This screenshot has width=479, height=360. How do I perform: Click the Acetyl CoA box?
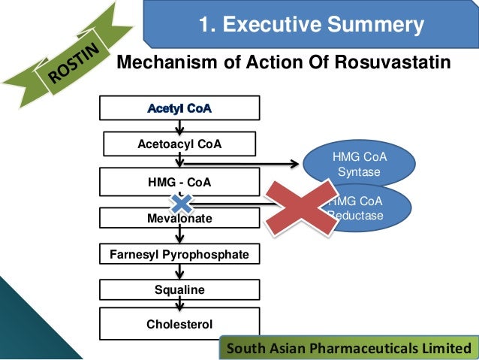pyautogui.click(x=179, y=108)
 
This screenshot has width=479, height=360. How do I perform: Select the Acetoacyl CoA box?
pyautogui.click(x=179, y=144)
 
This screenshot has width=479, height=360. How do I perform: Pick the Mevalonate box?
pyautogui.click(x=179, y=219)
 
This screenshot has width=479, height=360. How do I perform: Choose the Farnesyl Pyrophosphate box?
pyautogui.click(x=179, y=255)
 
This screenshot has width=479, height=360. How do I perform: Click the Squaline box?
pyautogui.click(x=179, y=289)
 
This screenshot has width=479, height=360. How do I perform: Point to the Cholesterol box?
pyautogui.click(x=179, y=324)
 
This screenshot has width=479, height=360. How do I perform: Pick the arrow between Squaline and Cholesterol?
pyautogui.click(x=179, y=304)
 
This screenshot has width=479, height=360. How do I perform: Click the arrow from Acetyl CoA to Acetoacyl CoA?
pyautogui.click(x=179, y=126)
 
